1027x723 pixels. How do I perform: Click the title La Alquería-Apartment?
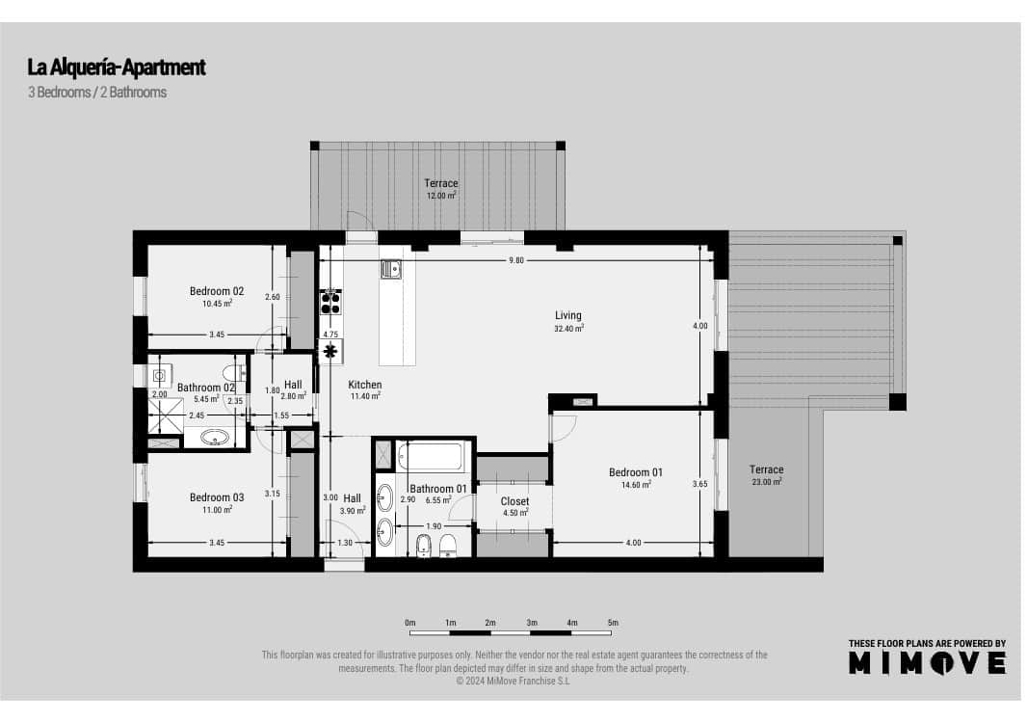[x=117, y=67]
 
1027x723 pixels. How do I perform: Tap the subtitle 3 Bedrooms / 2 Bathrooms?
[x=97, y=93]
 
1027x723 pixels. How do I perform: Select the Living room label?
[x=568, y=315]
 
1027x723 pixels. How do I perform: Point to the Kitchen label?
[x=365, y=384]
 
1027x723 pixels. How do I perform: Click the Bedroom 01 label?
[x=636, y=472]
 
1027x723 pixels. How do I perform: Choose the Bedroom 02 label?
[x=217, y=291]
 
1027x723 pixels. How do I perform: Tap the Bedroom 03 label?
[x=217, y=497]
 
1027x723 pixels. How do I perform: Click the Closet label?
[x=514, y=501]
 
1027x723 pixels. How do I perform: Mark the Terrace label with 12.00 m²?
[x=441, y=183]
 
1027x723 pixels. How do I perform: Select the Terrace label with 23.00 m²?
[x=767, y=469]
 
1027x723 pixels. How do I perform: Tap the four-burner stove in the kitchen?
[x=330, y=303]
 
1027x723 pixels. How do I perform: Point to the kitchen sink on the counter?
[x=389, y=269]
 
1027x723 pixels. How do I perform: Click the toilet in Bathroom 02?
[x=231, y=372]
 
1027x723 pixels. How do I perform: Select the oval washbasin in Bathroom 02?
[x=214, y=439]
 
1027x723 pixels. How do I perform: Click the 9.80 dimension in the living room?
[x=518, y=261]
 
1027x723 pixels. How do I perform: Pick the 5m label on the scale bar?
[x=613, y=623]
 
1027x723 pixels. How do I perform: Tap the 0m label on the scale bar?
[x=409, y=623]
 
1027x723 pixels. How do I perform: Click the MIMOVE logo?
[x=927, y=662]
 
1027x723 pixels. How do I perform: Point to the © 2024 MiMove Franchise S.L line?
[x=513, y=681]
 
